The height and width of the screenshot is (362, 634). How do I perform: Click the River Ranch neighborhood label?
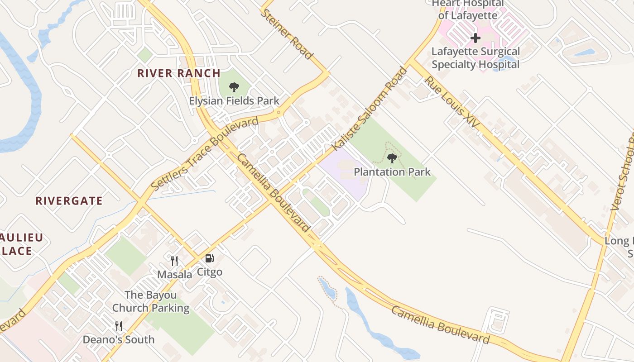coord(179,73)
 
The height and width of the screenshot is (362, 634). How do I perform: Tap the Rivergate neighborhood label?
coord(69,201)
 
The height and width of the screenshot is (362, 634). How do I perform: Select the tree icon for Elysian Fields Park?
coord(234,87)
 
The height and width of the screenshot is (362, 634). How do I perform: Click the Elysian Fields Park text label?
coord(234,101)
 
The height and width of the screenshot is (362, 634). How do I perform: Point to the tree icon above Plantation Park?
coord(392,158)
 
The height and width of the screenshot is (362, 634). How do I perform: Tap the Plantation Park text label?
coord(392,172)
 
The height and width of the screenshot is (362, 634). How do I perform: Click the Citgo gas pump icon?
coord(209,258)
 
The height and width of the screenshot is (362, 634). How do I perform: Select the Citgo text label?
coord(209,272)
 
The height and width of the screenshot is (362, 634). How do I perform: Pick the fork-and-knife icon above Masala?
coord(174,261)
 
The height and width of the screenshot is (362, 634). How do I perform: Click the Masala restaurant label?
coord(174,274)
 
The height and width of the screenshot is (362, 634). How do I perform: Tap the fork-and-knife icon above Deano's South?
coord(119,326)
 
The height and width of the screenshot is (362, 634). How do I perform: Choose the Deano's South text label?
coord(119,339)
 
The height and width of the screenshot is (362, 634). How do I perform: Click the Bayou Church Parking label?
coord(151,301)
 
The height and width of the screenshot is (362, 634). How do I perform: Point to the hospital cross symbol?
coord(475,38)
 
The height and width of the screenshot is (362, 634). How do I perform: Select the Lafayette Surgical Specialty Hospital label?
coord(475,58)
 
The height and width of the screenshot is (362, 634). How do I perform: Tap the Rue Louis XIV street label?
coord(452,102)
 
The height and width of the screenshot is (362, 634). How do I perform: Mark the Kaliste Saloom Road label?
coord(370,109)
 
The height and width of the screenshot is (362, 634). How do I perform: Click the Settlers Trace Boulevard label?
coord(205,153)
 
